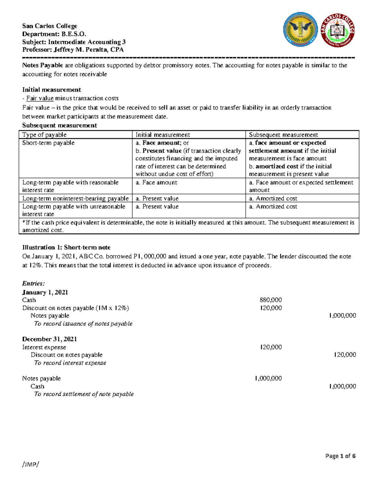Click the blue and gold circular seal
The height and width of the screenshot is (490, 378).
(301, 29)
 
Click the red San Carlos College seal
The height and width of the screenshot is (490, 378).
(337, 30)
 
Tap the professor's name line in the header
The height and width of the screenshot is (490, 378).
(73, 50)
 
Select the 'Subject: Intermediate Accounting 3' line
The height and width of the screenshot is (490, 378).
(74, 42)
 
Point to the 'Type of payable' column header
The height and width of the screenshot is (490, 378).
(44, 135)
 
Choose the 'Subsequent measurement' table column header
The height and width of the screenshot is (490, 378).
(283, 135)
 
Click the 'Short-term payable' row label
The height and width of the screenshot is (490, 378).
(48, 143)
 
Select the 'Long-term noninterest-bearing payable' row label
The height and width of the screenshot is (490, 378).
(75, 198)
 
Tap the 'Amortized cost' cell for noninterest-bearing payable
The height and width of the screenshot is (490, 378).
(273, 198)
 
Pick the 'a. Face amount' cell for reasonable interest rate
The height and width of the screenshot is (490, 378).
(156, 182)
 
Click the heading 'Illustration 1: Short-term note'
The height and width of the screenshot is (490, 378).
(66, 247)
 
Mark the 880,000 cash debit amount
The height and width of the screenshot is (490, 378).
(271, 300)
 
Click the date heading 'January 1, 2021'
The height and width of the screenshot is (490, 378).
(45, 292)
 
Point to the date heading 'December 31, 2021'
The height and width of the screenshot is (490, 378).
(49, 339)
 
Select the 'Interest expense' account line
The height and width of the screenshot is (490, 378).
(44, 347)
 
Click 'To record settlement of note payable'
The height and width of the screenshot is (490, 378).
(84, 394)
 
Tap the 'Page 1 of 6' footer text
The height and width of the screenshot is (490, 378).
(340, 456)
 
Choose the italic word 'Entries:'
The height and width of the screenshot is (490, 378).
(33, 283)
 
